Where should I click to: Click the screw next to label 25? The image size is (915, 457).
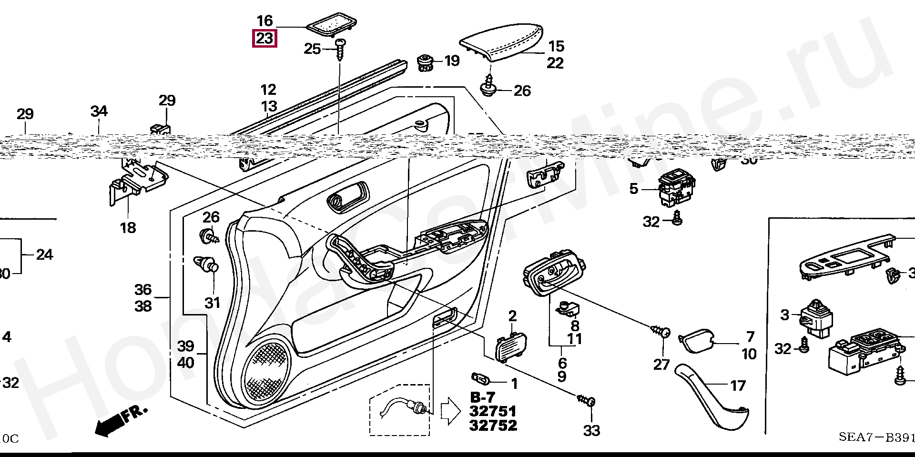click(x=341, y=50)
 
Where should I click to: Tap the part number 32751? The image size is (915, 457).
click(x=493, y=411)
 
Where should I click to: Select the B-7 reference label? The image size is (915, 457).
click(x=483, y=397)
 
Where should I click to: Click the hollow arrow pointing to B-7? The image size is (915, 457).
click(x=450, y=411)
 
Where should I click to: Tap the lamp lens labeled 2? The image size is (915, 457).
click(x=512, y=346)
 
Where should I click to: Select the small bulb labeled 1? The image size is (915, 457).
click(x=481, y=379)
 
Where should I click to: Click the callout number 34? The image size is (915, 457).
click(x=99, y=112)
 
